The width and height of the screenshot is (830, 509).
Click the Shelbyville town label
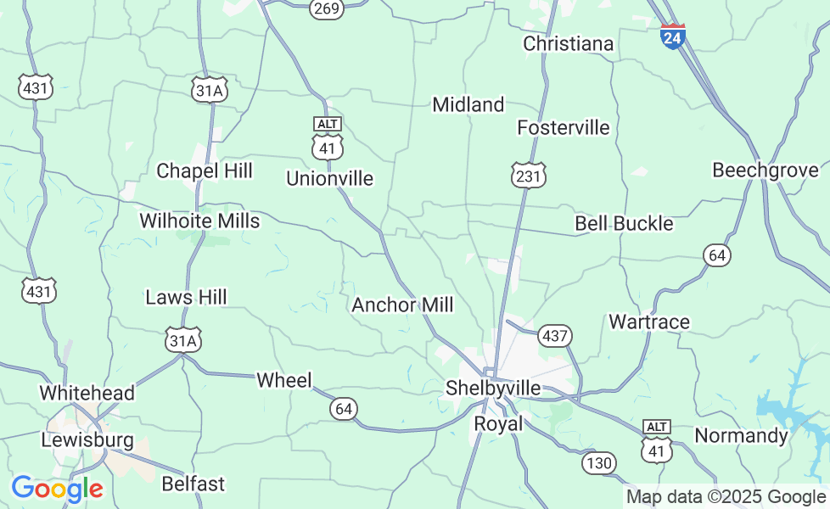(x=493, y=388)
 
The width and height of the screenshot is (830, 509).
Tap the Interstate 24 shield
(x=672, y=36)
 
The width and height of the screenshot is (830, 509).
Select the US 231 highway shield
(x=528, y=176)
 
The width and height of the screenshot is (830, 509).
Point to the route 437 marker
(x=555, y=336)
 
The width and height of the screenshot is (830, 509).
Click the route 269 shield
(x=327, y=8)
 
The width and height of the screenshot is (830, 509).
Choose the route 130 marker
(x=598, y=462)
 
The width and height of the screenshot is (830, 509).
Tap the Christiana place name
(x=568, y=43)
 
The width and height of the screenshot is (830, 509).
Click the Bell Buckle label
(x=624, y=223)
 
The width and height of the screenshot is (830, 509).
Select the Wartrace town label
(x=649, y=322)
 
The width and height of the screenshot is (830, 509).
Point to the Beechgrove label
(x=765, y=170)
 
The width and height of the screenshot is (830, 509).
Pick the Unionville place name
(x=329, y=178)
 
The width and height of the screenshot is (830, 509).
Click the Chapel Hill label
(x=205, y=171)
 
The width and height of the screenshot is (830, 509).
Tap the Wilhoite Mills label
(x=199, y=221)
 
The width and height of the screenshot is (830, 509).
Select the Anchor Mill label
(x=402, y=305)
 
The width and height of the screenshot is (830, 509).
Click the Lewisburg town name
(x=87, y=440)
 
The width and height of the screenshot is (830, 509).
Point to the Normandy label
(x=741, y=435)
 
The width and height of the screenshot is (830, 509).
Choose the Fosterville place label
(x=564, y=127)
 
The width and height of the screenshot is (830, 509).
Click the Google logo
(x=57, y=489)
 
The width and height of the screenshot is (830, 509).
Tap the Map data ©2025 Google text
(x=726, y=497)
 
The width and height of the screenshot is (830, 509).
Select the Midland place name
(x=468, y=104)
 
